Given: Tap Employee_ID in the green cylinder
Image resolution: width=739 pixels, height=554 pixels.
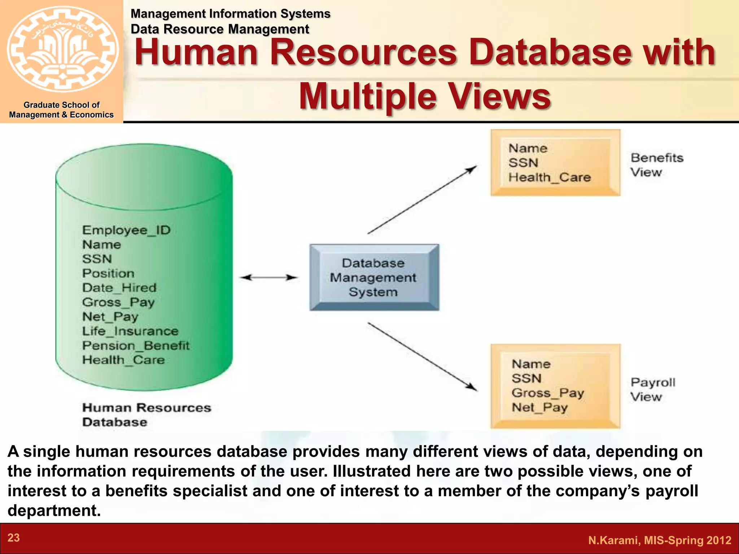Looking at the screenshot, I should pos(126,230).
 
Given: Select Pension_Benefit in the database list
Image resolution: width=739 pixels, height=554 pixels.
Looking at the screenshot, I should pos(135,346).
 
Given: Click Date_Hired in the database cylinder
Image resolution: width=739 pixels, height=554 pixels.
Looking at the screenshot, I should pos(119,288).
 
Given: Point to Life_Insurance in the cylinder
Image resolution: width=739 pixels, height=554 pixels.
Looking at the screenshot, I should pos(130,331).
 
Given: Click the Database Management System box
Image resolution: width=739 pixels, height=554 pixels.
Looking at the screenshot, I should pos(374,277).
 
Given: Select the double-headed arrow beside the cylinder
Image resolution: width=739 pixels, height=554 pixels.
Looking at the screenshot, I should pos(269,277).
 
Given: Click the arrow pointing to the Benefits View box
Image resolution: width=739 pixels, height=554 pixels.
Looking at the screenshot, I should pos(422,200).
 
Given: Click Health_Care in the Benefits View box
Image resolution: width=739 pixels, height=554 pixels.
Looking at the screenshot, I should pos(549,177).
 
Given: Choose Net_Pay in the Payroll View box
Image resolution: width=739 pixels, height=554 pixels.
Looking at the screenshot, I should pos(539,408).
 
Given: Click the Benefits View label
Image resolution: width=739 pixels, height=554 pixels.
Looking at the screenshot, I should pos(656,165).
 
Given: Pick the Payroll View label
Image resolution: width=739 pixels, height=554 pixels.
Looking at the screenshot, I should pos(652,390).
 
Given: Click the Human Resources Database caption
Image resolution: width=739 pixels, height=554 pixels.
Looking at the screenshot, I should pos(146,415).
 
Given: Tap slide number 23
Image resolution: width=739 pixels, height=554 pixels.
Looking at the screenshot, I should pos(14,538).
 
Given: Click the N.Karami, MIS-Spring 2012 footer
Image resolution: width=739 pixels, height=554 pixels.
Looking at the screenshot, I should pos(659,540).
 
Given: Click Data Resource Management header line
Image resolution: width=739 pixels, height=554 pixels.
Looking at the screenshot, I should pos(220,29).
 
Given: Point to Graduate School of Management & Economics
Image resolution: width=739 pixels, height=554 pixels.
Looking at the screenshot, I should pos(61,110).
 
